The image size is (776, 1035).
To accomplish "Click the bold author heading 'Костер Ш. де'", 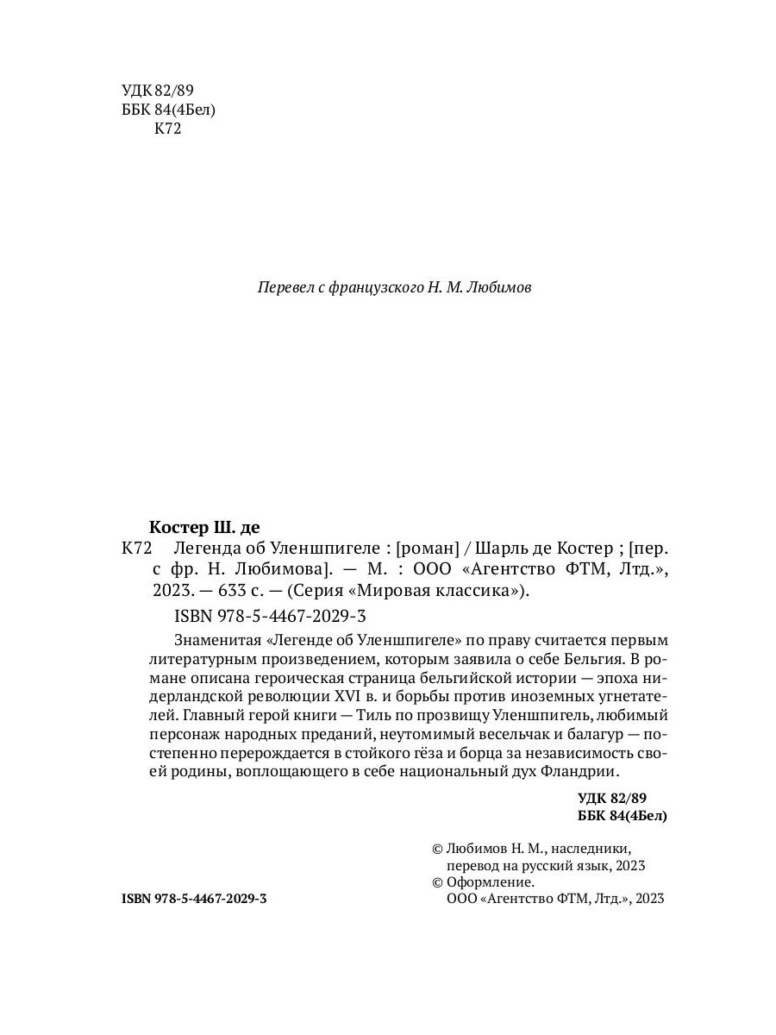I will (204, 527).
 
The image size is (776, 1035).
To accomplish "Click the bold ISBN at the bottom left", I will (195, 899).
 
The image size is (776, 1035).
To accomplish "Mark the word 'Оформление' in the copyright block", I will (491, 882).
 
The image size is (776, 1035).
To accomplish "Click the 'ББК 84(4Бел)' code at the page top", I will (170, 110).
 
